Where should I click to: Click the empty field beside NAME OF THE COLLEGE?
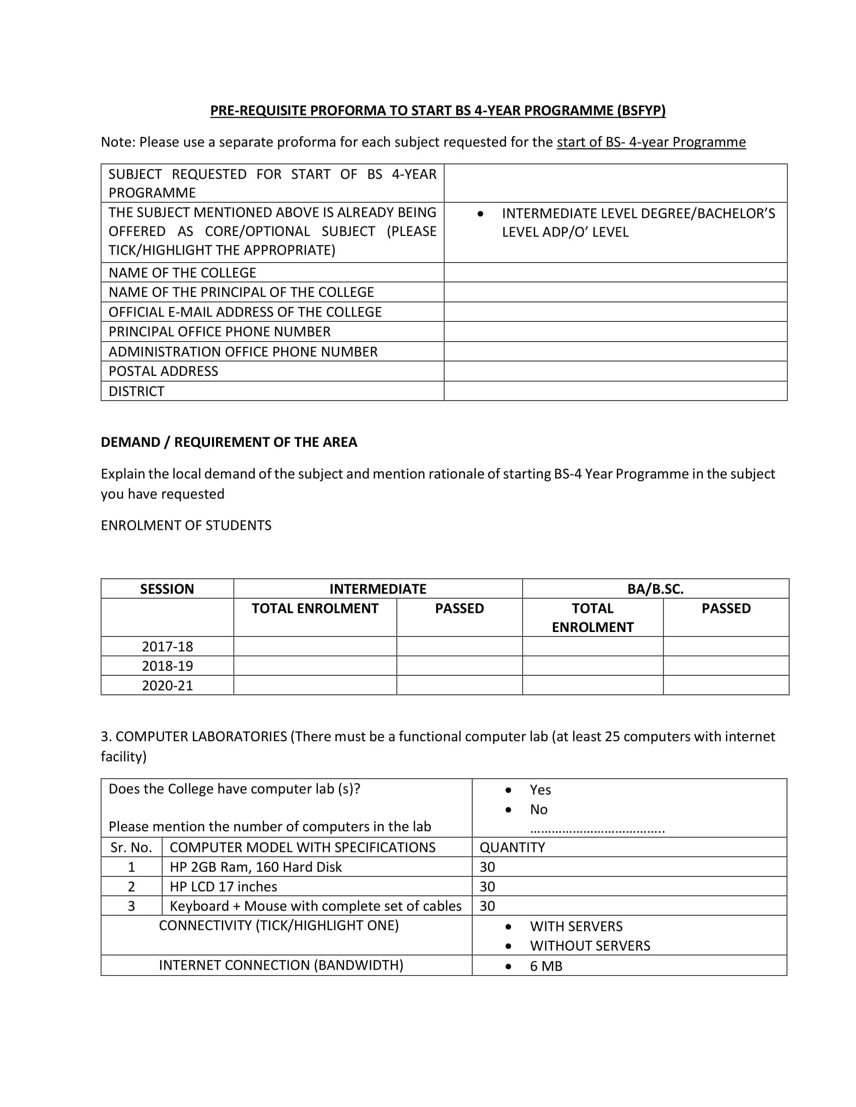click(615, 273)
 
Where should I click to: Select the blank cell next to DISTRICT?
click(615, 391)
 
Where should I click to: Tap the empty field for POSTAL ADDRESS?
click(615, 371)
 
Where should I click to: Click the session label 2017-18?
click(167, 646)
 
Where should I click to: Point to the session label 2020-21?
click(167, 685)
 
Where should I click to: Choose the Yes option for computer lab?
click(540, 789)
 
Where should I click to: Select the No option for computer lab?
click(539, 810)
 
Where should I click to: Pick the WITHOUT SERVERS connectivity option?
click(590, 946)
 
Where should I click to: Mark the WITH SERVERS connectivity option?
click(576, 926)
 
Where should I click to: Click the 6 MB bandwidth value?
click(546, 966)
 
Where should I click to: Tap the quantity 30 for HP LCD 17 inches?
click(487, 887)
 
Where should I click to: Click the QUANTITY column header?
click(512, 847)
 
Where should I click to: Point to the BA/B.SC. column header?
click(655, 589)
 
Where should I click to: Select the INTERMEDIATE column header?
click(378, 589)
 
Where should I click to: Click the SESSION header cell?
click(167, 589)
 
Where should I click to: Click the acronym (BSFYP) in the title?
click(641, 111)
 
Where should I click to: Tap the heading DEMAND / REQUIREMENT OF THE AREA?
click(229, 442)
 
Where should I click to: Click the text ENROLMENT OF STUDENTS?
click(186, 525)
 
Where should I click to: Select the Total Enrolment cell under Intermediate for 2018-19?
click(315, 666)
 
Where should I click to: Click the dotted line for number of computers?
click(597, 830)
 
